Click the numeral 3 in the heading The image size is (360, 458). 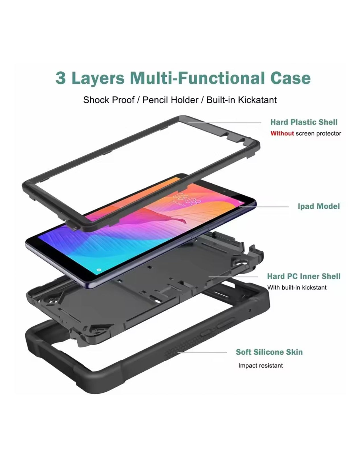pyautogui.click(x=60, y=78)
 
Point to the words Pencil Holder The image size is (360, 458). pyautogui.click(x=170, y=100)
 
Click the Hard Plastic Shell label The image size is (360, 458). pyautogui.click(x=304, y=122)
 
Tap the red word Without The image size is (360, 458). pyautogui.click(x=282, y=133)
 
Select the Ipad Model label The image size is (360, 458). pyautogui.click(x=318, y=206)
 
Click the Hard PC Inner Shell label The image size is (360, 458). pyautogui.click(x=303, y=276)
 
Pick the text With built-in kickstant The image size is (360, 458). pyautogui.click(x=297, y=287)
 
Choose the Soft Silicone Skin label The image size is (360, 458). pyautogui.click(x=269, y=352)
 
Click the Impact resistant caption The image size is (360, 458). pyautogui.click(x=260, y=366)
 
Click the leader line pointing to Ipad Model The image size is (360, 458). pyautogui.click(x=264, y=207)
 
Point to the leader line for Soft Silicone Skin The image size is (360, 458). pyautogui.click(x=202, y=353)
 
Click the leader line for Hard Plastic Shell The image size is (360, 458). pyautogui.click(x=225, y=123)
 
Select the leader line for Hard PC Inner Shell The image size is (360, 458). pyautogui.click(x=233, y=276)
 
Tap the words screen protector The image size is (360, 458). pyautogui.click(x=318, y=133)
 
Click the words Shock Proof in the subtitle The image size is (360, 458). pyautogui.click(x=109, y=100)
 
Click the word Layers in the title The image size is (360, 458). pyautogui.click(x=98, y=78)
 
